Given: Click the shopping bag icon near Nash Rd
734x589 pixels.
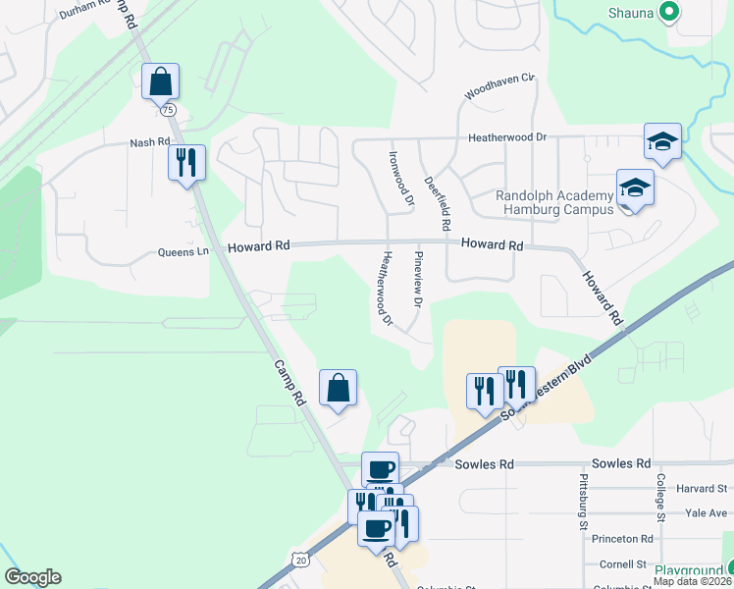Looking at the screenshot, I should click(160, 81).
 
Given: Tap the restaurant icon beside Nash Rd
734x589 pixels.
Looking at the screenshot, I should click(186, 161).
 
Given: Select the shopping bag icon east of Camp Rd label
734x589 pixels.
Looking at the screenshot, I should click(338, 387).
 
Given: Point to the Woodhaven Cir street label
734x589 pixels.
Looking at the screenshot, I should click(499, 86).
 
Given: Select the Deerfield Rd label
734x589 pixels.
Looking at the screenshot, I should click(437, 203).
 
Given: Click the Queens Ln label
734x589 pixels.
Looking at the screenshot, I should click(183, 252).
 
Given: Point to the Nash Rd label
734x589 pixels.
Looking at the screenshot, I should click(150, 143).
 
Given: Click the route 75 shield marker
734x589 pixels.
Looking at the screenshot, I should click(170, 111).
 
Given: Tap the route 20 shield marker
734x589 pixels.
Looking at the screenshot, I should click(299, 559).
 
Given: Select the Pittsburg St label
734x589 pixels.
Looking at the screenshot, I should click(584, 502).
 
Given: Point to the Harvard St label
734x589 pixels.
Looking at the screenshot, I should click(700, 488).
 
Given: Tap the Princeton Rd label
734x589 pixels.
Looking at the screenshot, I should click(633, 539).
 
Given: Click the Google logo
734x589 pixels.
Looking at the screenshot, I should click(32, 577).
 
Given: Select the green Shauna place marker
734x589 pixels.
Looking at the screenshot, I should click(669, 12).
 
